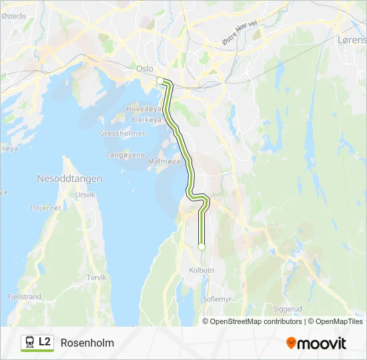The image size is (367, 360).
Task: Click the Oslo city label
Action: [x=145, y=69]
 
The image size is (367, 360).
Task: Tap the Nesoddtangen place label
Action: [x=69, y=179]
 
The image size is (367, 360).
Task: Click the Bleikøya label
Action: [x=146, y=120]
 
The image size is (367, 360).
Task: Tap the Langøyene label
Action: [x=125, y=155]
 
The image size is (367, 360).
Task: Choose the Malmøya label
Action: [x=164, y=161]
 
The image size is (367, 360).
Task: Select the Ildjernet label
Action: [x=46, y=207]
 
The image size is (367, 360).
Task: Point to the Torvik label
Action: [x=97, y=277]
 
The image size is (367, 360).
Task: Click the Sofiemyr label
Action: [x=217, y=299]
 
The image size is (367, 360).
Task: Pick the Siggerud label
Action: [x=288, y=309]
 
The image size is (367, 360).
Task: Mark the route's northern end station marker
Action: [x=160, y=81]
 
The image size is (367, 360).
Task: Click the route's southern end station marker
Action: [x=201, y=247]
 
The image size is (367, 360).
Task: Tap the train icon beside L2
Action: [x=30, y=343]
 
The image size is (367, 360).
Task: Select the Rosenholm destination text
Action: [x=87, y=343]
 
